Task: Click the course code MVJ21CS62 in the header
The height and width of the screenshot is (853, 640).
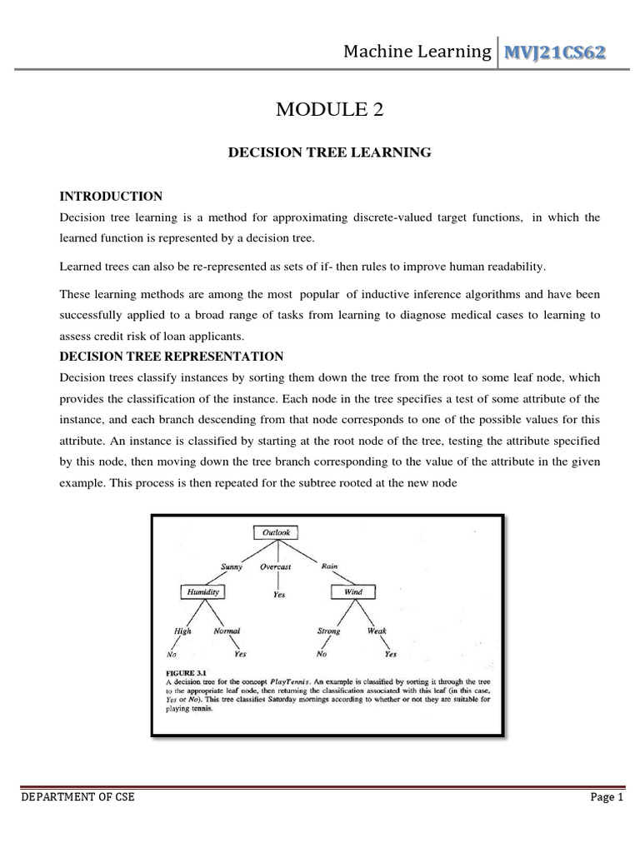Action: (552, 52)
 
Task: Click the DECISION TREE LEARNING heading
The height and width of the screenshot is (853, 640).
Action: (330, 152)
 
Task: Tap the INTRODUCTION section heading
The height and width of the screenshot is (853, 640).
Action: (111, 197)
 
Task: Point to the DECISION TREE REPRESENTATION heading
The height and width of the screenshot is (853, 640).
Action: (172, 357)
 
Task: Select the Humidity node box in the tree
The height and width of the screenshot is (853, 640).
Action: (202, 592)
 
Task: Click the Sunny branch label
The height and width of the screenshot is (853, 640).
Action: (232, 566)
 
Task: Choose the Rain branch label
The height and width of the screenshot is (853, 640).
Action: (329, 566)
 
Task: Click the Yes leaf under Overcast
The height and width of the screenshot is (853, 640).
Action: (279, 595)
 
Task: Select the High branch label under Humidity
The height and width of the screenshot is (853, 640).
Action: (182, 631)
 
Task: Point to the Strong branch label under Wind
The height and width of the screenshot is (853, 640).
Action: (328, 631)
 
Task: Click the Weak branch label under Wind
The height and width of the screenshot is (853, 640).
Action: (377, 631)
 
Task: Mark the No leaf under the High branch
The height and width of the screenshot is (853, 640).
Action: (172, 655)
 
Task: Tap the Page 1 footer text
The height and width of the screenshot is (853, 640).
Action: (607, 797)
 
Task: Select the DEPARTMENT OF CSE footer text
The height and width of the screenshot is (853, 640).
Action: (77, 797)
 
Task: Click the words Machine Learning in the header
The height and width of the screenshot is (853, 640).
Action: (417, 52)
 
